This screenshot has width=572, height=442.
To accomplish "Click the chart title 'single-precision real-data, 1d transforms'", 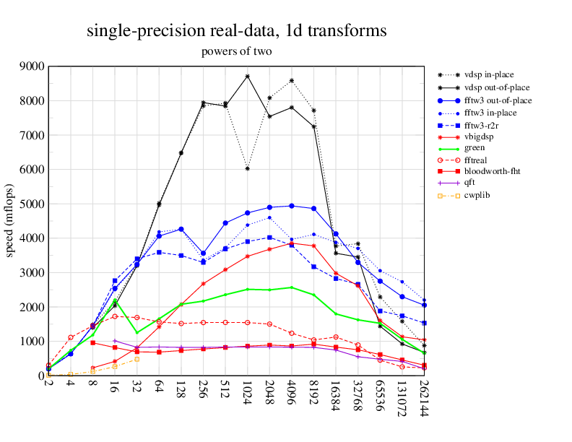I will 236,31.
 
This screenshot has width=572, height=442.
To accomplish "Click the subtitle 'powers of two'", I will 236,51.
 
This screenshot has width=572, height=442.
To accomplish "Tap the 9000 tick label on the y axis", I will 31,66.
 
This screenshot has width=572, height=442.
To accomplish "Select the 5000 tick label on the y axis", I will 31,204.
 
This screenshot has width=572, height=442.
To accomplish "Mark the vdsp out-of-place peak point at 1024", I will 248,76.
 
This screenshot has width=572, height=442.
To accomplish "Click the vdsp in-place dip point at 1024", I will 248,168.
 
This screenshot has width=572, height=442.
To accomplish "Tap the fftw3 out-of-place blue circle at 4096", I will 292,206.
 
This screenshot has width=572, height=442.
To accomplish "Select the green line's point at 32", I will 137,332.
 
